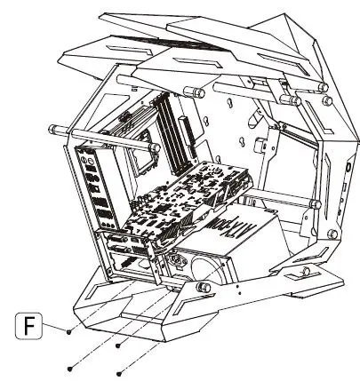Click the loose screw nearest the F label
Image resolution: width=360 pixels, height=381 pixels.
click(69, 330)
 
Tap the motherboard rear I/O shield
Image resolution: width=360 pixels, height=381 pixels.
click(95, 187)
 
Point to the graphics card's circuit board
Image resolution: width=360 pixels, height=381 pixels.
click(182, 200)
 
